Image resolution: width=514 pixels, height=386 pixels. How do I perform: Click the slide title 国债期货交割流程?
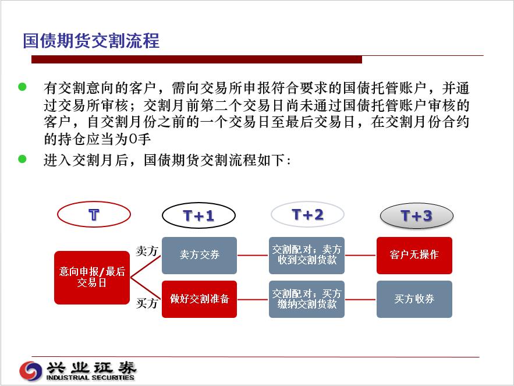point(91,41)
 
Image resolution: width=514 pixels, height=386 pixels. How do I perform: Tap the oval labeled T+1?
point(198,215)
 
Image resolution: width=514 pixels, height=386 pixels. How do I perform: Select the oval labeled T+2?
point(307,214)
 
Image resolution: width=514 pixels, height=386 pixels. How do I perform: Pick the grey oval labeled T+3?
point(417,216)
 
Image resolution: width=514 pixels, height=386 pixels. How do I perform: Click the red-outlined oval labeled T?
point(94,214)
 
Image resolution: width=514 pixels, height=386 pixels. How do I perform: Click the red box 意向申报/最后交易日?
point(92,278)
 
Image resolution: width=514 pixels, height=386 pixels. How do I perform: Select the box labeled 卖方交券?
point(199,255)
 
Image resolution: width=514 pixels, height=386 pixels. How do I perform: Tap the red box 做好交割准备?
point(199,299)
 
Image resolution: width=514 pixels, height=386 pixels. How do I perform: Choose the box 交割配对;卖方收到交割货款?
point(307,255)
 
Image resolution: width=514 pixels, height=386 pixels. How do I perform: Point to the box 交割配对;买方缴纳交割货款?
point(307,299)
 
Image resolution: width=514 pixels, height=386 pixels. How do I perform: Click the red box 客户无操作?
point(414,255)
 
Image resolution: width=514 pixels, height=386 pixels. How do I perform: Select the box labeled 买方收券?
point(414,299)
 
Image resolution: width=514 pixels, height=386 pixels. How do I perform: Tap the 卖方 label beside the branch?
point(147,251)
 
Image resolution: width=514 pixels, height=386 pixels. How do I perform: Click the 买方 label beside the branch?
point(147,303)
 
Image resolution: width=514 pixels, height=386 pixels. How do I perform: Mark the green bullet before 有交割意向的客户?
point(22,87)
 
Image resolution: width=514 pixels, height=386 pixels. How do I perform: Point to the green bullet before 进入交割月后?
point(22,159)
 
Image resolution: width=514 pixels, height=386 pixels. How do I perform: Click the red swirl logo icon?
point(31,371)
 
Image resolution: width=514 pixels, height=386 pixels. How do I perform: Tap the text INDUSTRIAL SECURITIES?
point(90,377)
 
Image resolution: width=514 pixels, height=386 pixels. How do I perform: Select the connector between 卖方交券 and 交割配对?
point(253,255)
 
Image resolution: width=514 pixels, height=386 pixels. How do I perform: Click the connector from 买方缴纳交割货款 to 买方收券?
point(360,299)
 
